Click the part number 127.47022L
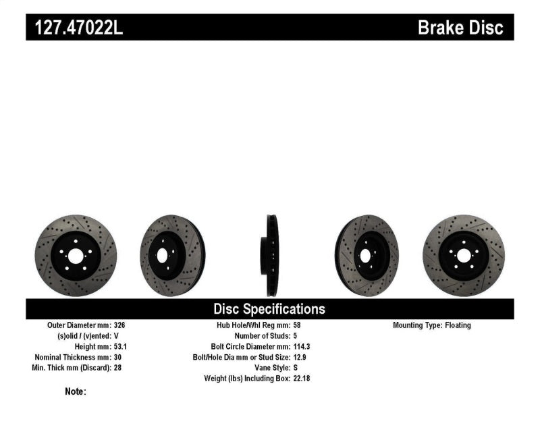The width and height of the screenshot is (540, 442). pyautogui.click(x=74, y=28)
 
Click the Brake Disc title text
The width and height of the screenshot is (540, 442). pyautogui.click(x=460, y=28)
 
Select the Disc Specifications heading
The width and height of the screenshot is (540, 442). pyautogui.click(x=269, y=309)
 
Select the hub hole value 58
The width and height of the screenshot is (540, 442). pyautogui.click(x=298, y=325)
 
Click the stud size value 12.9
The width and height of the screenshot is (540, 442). pyautogui.click(x=300, y=357)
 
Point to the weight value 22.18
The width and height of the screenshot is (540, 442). pyautogui.click(x=302, y=379)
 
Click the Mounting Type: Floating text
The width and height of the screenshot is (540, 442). pyautogui.click(x=432, y=325)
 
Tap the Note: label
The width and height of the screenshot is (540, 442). pyautogui.click(x=75, y=391)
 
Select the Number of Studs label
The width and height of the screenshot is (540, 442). pyautogui.click(x=261, y=336)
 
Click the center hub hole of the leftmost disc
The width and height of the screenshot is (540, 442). pyautogui.click(x=75, y=256)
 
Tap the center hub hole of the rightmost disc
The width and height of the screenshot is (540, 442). pyautogui.click(x=463, y=256)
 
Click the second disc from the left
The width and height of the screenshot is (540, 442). pyautogui.click(x=172, y=255)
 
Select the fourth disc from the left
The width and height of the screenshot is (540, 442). pyautogui.click(x=367, y=255)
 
